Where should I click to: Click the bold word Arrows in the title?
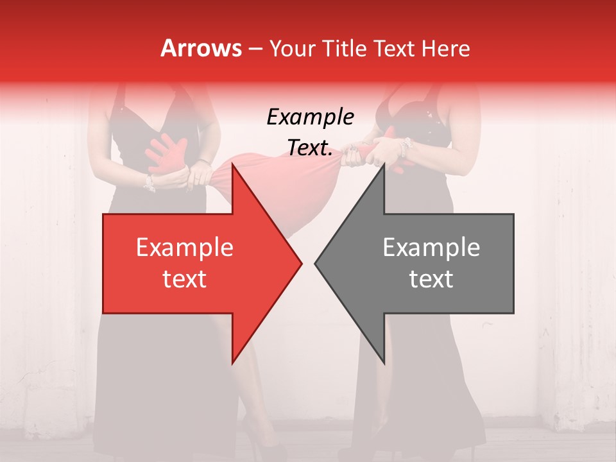pyautogui.click(x=201, y=48)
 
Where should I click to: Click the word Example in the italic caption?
pyautogui.click(x=310, y=117)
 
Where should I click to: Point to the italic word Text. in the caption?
pyautogui.click(x=310, y=148)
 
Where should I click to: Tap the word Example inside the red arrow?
pyautogui.click(x=185, y=248)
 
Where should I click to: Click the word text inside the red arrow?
pyautogui.click(x=185, y=279)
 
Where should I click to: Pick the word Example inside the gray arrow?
pyautogui.click(x=431, y=248)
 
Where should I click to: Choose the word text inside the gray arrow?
pyautogui.click(x=431, y=279)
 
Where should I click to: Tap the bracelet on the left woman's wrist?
pyautogui.click(x=150, y=183)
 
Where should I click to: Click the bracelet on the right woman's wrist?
pyautogui.click(x=404, y=148)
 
